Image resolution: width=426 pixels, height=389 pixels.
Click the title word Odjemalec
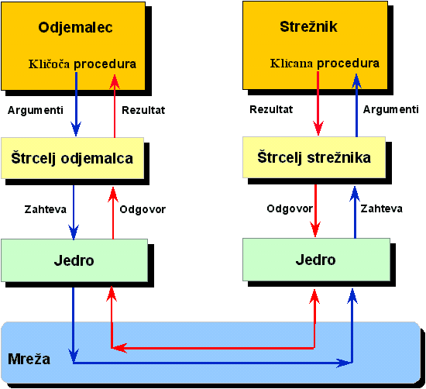click(x=75, y=28)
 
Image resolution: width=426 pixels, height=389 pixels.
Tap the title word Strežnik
click(x=308, y=26)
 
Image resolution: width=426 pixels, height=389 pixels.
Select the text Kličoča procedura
click(x=82, y=64)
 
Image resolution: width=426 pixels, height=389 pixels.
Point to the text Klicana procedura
click(x=325, y=64)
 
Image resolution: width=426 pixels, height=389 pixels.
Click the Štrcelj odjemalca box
click(x=73, y=158)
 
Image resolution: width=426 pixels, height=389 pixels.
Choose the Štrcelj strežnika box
click(x=314, y=157)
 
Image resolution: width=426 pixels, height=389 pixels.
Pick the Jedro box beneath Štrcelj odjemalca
click(x=74, y=260)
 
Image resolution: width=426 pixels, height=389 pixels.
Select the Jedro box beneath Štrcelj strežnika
click(x=316, y=260)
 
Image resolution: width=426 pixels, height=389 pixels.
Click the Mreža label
click(x=29, y=359)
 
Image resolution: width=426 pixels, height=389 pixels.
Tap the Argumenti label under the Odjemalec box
click(x=36, y=110)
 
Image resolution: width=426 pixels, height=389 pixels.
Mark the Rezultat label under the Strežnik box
click(x=271, y=109)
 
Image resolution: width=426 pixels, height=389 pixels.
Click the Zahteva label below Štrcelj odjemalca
click(x=46, y=209)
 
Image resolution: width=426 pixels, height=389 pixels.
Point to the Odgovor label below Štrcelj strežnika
click(x=290, y=208)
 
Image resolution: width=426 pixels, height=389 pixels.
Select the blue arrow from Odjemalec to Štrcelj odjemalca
click(x=76, y=104)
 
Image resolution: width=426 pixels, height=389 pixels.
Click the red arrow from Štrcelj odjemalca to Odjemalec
click(x=115, y=105)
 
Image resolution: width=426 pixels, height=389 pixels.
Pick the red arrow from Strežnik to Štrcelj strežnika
click(x=318, y=103)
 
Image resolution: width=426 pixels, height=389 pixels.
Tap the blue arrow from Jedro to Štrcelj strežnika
click(x=355, y=212)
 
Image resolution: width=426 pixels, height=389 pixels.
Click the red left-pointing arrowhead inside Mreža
click(x=119, y=348)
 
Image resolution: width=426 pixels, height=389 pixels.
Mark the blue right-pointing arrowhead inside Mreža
click(x=344, y=363)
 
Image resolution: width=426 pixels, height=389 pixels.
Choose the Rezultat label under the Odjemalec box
click(x=143, y=110)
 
